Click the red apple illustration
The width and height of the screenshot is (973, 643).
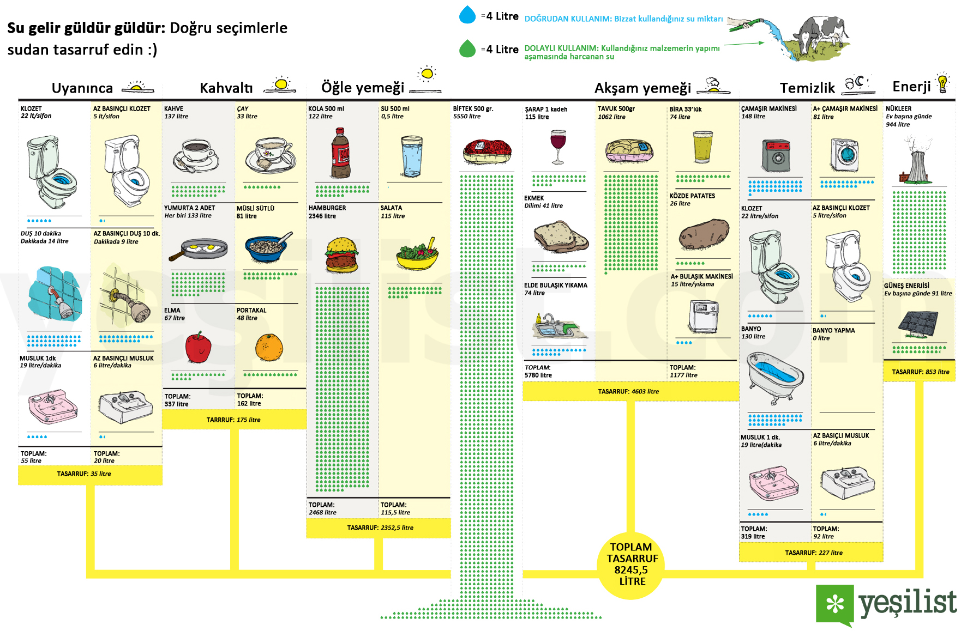pyautogui.click(x=198, y=347)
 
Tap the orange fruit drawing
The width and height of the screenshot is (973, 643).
pyautogui.click(x=269, y=347)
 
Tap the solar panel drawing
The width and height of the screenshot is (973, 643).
pyautogui.click(x=918, y=324)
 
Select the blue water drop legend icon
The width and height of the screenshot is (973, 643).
pyautogui.click(x=467, y=15)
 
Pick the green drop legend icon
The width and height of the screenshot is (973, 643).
pyautogui.click(x=467, y=49)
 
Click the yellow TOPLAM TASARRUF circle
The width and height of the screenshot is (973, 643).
pyautogui.click(x=632, y=565)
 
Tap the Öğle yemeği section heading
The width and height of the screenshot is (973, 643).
pyautogui.click(x=363, y=87)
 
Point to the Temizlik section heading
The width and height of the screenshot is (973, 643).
pyautogui.click(x=807, y=88)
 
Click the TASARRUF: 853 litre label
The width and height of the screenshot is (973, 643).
pyautogui.click(x=920, y=372)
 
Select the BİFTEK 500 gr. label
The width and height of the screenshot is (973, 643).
pyautogui.click(x=473, y=109)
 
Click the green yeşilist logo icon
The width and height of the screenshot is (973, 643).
pyautogui.click(x=834, y=604)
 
